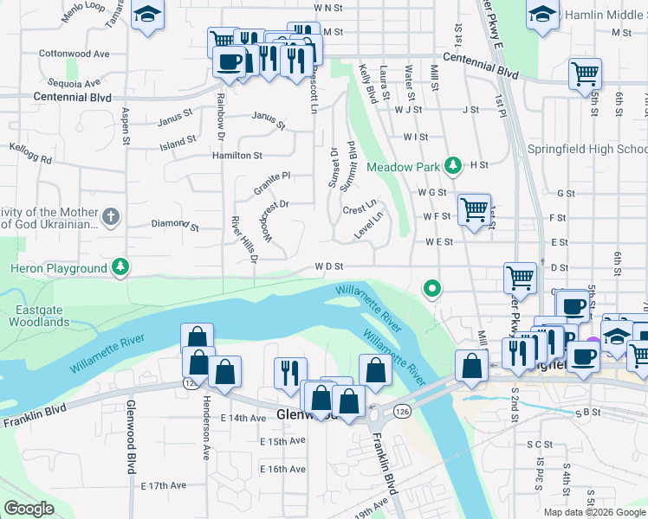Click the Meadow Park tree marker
(x=451, y=164)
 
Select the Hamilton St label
(x=237, y=156)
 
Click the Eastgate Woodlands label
(x=39, y=316)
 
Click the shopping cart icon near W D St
(x=520, y=278)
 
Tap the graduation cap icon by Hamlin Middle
(x=542, y=15)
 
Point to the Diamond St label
(x=175, y=225)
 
